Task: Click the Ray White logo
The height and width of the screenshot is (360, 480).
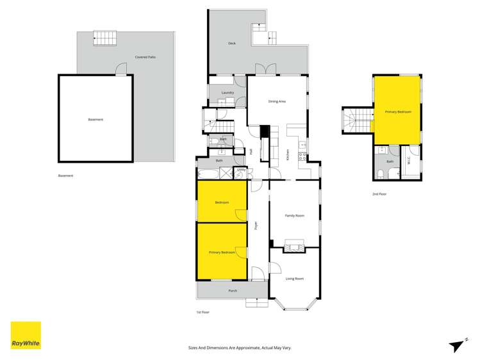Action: point(26,335)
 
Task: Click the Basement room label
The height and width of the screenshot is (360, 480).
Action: point(95,120)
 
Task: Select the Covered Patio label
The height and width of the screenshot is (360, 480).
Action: point(145,57)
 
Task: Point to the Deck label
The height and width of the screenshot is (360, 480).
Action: point(232,44)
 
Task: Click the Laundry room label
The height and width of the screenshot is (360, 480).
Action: point(228,93)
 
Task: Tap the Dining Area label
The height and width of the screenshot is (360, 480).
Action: point(277,101)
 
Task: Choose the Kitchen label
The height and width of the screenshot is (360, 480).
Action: point(288,154)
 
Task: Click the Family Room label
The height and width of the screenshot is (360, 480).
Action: point(294,215)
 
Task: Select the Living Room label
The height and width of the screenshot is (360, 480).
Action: point(294,278)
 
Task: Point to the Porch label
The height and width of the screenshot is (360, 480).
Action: point(233,291)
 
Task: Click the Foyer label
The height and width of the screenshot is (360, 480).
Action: point(256,225)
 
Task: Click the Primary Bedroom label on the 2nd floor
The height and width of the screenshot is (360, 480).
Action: point(397,111)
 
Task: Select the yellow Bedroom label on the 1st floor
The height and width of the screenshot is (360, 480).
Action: point(222,202)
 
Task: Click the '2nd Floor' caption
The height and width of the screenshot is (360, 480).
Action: point(379,193)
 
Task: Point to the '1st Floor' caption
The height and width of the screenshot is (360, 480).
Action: point(203,312)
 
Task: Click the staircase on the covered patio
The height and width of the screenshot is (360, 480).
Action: point(103,38)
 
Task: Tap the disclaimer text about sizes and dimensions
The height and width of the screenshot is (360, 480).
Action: point(240,347)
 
